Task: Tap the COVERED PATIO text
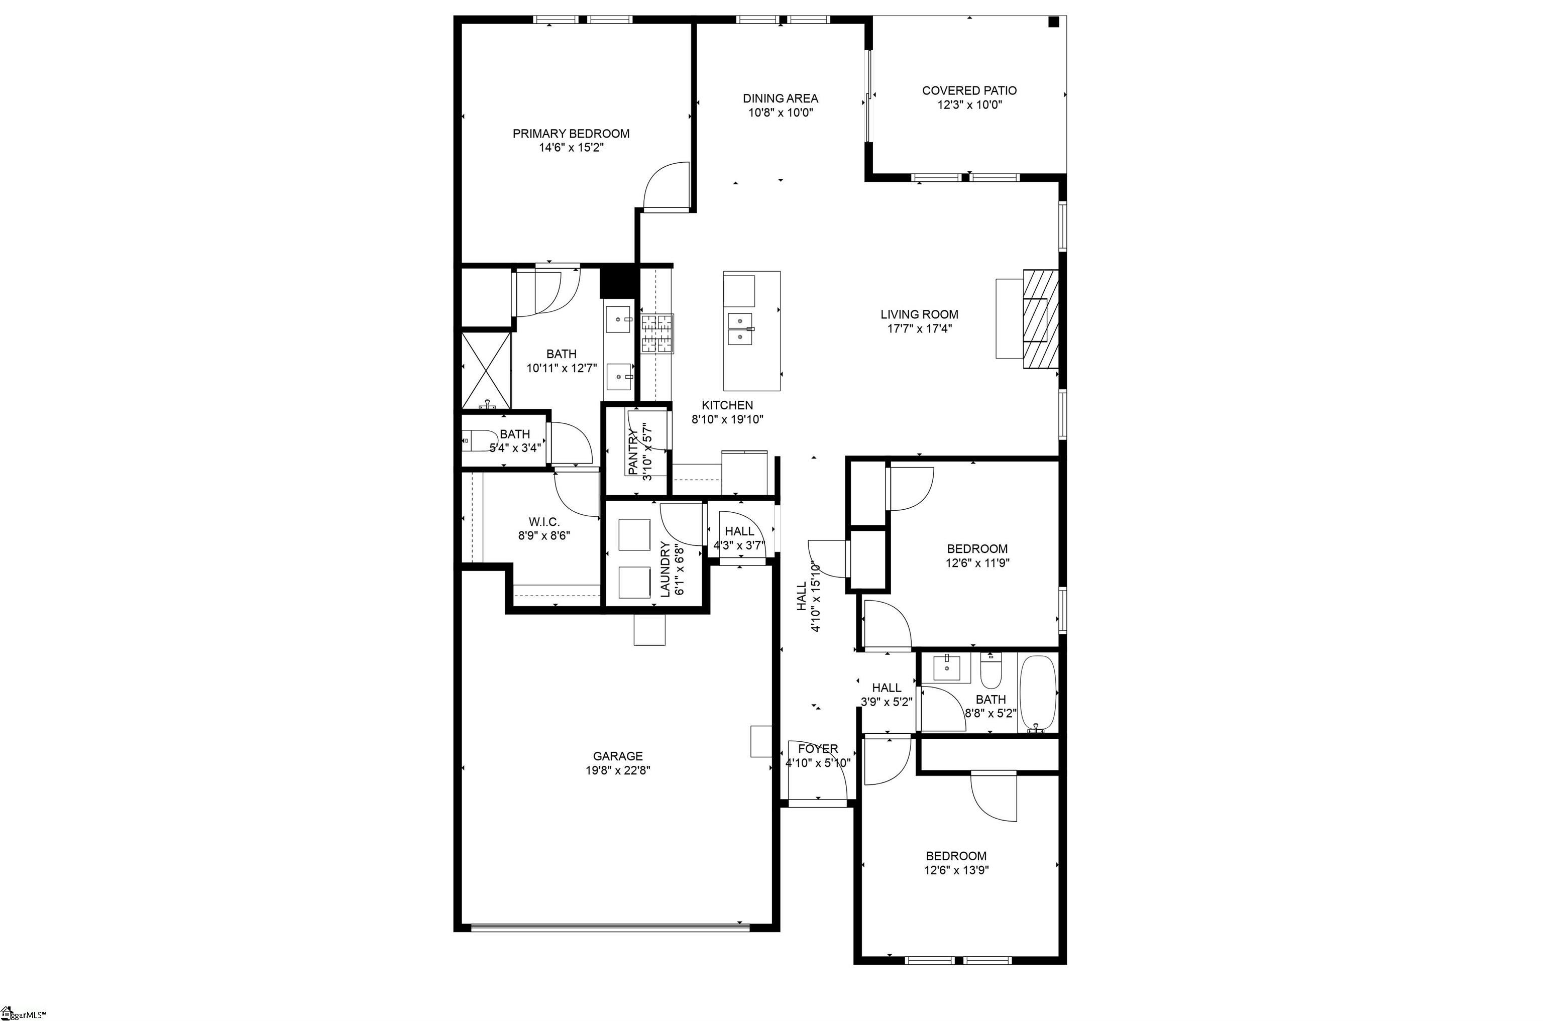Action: (x=969, y=90)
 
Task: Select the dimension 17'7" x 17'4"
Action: (x=919, y=329)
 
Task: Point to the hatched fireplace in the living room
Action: (x=1040, y=319)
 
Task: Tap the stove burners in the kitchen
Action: (x=657, y=334)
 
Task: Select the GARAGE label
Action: (x=617, y=756)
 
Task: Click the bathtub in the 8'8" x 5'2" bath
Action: (x=1038, y=694)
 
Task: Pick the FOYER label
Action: (x=818, y=749)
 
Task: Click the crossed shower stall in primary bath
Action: (x=486, y=370)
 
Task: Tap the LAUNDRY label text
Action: (x=665, y=569)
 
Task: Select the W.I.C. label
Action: (x=543, y=522)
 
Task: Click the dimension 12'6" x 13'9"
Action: (x=956, y=870)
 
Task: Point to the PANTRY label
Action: (x=633, y=452)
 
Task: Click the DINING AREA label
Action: (x=780, y=98)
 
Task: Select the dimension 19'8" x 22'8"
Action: (x=617, y=770)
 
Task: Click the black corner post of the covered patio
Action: (x=1053, y=22)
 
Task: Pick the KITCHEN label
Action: (x=727, y=405)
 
